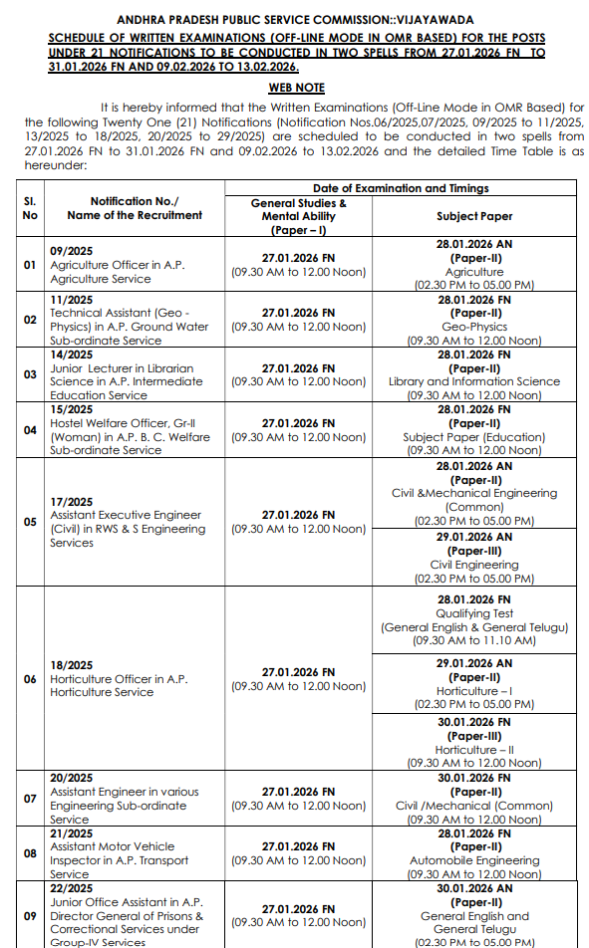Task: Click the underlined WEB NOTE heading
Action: coord(296,89)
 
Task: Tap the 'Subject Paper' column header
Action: coord(474,215)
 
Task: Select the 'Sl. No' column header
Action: coord(30,208)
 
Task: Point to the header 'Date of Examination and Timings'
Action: coord(401,187)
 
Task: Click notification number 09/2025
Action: coord(71,252)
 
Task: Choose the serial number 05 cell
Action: coord(30,522)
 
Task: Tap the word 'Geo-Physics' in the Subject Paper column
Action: coord(474,327)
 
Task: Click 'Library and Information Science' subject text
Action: coord(474,381)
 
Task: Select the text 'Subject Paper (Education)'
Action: coord(474,436)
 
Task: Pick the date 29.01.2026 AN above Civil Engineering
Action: coord(474,536)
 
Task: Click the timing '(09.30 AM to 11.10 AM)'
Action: coord(474,640)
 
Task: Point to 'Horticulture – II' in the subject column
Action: coord(474,749)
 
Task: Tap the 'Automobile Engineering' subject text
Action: coord(474,859)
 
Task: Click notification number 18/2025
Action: coord(71,665)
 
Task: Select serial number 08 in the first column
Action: coord(30,852)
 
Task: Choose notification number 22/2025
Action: coord(71,888)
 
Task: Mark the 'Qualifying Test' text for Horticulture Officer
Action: coord(474,613)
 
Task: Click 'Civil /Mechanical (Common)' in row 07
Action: coord(474,806)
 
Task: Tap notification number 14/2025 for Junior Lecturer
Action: coord(71,355)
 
